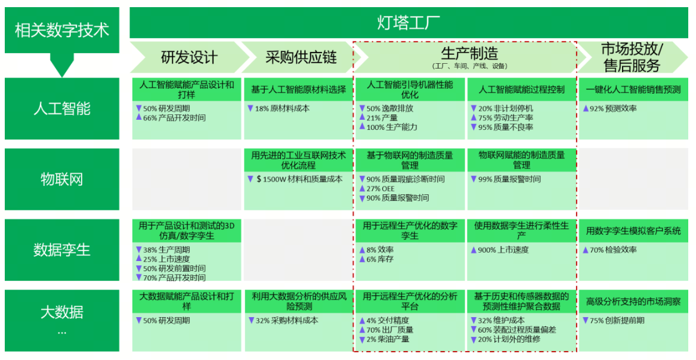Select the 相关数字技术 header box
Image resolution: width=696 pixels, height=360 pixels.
pos(62,30)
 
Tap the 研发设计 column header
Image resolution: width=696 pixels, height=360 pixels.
pos(189,58)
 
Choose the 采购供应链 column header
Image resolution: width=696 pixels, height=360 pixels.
pos(301,58)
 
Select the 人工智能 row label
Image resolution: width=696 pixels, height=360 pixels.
pos(62,108)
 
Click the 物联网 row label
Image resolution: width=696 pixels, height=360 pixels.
pos(62,179)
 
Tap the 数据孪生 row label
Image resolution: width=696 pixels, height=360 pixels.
pos(62,250)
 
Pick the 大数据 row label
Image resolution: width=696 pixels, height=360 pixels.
pos(62,312)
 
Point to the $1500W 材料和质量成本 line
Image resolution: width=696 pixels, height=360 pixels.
pos(299,179)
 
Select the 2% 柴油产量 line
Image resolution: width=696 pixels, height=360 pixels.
pos(387,339)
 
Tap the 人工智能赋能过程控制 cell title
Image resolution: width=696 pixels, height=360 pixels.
pos(521,90)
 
